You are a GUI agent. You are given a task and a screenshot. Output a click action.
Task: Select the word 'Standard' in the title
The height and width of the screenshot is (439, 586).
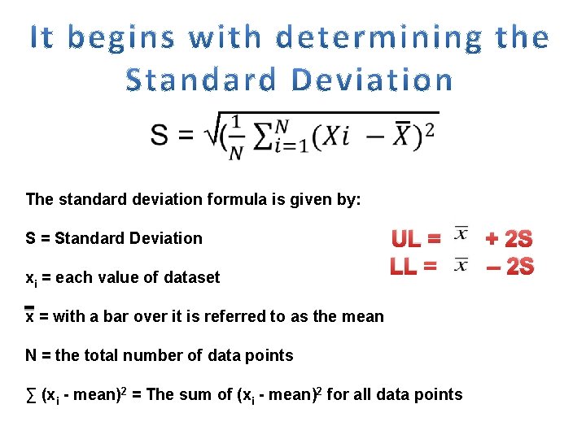(204, 80)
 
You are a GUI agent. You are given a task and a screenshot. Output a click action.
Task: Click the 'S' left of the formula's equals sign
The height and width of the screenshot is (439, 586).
(160, 135)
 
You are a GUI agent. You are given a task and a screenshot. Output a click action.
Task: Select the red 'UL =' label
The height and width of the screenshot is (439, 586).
(417, 239)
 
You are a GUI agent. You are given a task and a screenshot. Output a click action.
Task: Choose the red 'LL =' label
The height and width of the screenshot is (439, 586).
(414, 265)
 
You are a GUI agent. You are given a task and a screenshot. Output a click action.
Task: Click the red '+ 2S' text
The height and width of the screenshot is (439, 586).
(509, 239)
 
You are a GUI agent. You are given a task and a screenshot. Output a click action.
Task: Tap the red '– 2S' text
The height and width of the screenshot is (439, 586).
(509, 266)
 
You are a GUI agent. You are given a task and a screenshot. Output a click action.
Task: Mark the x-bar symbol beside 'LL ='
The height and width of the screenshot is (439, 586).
(461, 263)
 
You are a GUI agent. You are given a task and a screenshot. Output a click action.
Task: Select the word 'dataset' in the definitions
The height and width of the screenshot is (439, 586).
(192, 278)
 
